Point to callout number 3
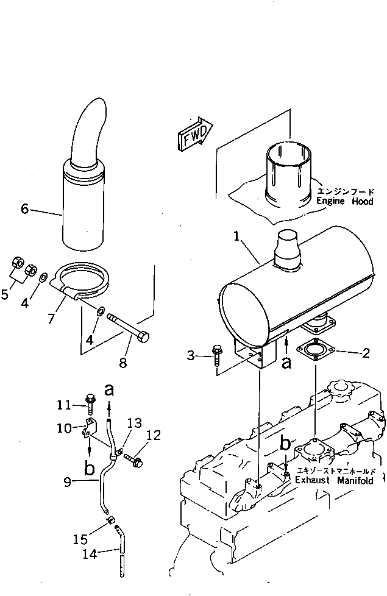(191, 355)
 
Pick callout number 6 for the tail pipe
(24, 209)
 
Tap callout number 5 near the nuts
(5, 295)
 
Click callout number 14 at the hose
(88, 553)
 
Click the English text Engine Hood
(344, 201)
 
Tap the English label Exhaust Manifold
(334, 481)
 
